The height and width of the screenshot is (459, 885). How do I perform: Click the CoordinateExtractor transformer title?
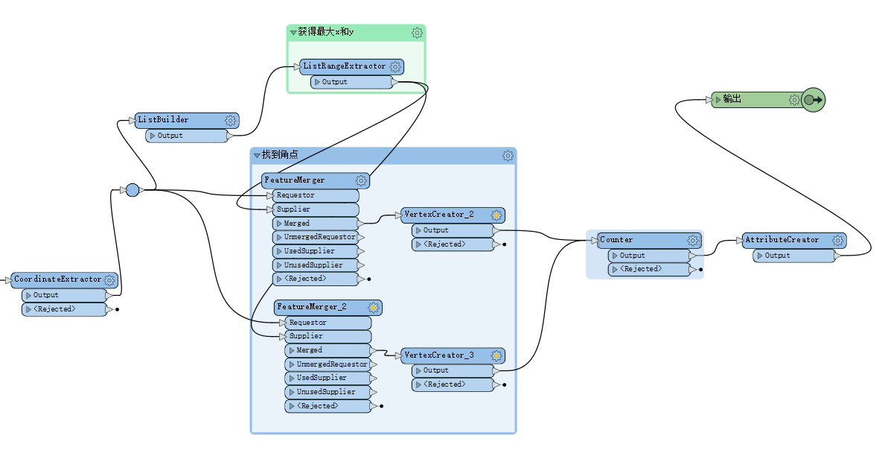(57, 279)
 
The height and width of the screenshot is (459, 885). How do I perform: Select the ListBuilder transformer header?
(163, 120)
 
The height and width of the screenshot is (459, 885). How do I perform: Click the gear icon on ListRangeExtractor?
(395, 67)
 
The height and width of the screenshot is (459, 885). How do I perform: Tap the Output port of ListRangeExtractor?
(334, 82)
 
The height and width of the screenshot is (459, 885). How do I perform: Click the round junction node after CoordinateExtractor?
(132, 190)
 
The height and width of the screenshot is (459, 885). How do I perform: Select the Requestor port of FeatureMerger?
(295, 195)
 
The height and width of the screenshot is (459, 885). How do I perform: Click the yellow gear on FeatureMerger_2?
(374, 307)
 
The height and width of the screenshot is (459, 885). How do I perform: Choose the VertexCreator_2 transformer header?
(438, 215)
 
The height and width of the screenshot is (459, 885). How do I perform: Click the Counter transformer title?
(616, 240)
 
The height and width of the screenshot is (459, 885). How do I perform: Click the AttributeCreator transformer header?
(782, 240)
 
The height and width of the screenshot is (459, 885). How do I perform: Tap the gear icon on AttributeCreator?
(838, 240)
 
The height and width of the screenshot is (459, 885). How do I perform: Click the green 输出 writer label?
(732, 99)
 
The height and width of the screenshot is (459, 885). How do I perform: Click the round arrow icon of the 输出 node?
(814, 100)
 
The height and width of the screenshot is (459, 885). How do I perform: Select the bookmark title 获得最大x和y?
(326, 32)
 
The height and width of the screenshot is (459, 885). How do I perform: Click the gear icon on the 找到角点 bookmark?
(508, 156)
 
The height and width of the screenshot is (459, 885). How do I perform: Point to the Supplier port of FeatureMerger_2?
(306, 336)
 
